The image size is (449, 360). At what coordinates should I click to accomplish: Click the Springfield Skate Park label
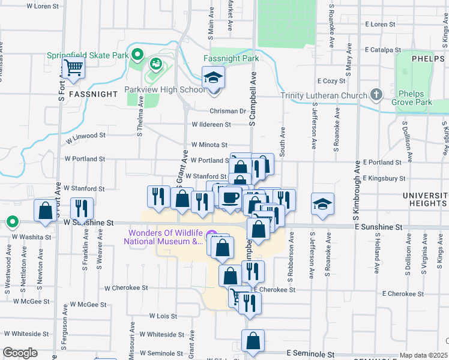pos(88,55)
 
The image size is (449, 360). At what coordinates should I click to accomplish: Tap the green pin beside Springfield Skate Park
pos(137,55)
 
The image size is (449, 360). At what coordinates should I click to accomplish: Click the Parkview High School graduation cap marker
pos(212,78)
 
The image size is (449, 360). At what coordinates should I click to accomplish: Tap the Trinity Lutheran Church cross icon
pos(376,94)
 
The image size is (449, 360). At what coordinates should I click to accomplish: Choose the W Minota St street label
pos(209,145)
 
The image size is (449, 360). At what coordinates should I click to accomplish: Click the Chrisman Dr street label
pos(228,111)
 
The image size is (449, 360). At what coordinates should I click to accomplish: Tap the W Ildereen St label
pos(211,125)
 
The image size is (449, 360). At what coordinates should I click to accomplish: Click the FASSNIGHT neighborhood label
pos(92,94)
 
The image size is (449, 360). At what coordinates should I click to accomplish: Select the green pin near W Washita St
pos(12,223)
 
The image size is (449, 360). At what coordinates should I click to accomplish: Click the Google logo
pos(20,353)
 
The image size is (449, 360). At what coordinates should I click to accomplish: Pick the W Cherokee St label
pos(125,288)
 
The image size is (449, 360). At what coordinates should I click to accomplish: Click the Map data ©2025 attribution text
pos(423,355)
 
